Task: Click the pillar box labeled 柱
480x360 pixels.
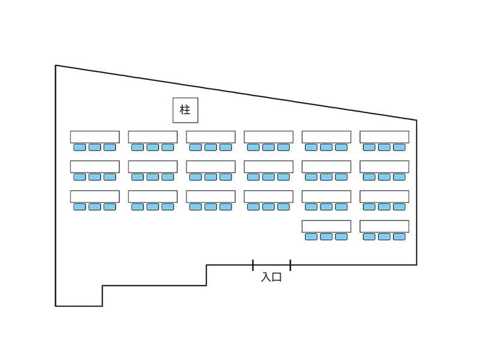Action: (x=185, y=110)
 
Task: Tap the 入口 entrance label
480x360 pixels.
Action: (x=271, y=277)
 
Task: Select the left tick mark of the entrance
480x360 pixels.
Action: (x=253, y=265)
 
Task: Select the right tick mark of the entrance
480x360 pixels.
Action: (x=290, y=265)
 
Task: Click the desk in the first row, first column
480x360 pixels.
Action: (x=95, y=137)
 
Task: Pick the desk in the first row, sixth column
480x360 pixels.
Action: (x=385, y=137)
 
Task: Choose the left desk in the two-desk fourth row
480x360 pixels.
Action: (x=326, y=226)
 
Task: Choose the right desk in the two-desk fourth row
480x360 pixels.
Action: (x=385, y=226)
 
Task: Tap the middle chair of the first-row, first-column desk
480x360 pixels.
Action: (x=95, y=147)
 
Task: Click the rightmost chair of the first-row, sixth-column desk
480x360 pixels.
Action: (x=399, y=147)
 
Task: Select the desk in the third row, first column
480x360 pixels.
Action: (x=95, y=197)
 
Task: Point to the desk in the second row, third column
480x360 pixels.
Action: (x=211, y=167)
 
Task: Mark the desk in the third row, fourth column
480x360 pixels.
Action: (x=268, y=197)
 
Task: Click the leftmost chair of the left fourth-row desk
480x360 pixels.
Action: (x=311, y=236)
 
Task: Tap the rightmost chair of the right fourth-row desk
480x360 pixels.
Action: (x=399, y=236)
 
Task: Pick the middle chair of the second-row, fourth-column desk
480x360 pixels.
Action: (x=268, y=177)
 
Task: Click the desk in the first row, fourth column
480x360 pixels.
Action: (x=268, y=137)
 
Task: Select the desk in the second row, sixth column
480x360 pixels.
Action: (x=385, y=167)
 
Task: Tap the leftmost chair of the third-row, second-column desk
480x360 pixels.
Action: (x=137, y=207)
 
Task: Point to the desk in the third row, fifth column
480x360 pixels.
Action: (x=326, y=197)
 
